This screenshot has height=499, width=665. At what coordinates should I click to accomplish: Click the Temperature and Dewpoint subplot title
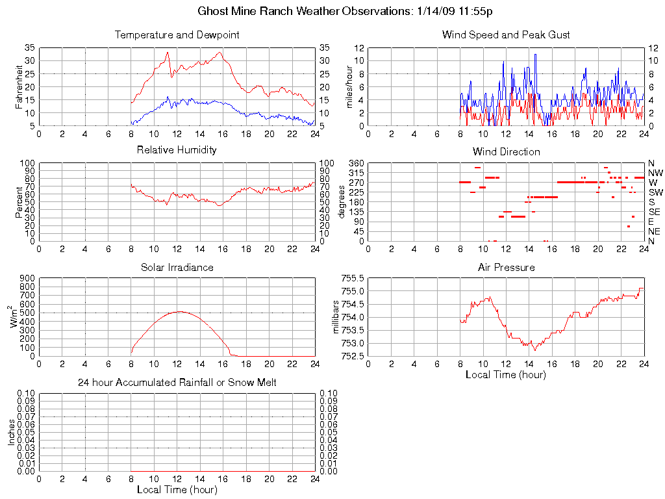177,34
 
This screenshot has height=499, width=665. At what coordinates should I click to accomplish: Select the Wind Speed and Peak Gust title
506,34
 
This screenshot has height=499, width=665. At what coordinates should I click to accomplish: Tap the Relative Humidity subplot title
177,149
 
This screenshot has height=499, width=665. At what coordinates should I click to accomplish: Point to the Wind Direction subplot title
506,151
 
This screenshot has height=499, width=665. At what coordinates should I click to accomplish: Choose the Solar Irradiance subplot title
177,267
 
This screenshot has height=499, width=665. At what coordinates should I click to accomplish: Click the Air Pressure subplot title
506,267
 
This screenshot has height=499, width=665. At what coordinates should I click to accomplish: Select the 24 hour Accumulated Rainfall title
177,382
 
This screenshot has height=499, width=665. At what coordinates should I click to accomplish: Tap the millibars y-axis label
336,316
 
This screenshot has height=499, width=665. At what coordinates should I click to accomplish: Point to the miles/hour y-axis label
349,86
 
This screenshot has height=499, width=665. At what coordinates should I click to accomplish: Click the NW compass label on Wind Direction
655,173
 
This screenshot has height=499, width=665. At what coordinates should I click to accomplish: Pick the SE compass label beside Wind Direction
655,212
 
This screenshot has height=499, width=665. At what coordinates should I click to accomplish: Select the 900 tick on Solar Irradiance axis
27,278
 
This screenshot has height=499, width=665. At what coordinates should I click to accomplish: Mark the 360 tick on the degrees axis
354,163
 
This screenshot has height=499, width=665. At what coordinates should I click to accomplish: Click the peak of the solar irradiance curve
179,312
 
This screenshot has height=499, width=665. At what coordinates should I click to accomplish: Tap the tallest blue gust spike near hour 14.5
535,55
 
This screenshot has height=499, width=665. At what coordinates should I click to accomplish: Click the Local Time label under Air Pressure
506,374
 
